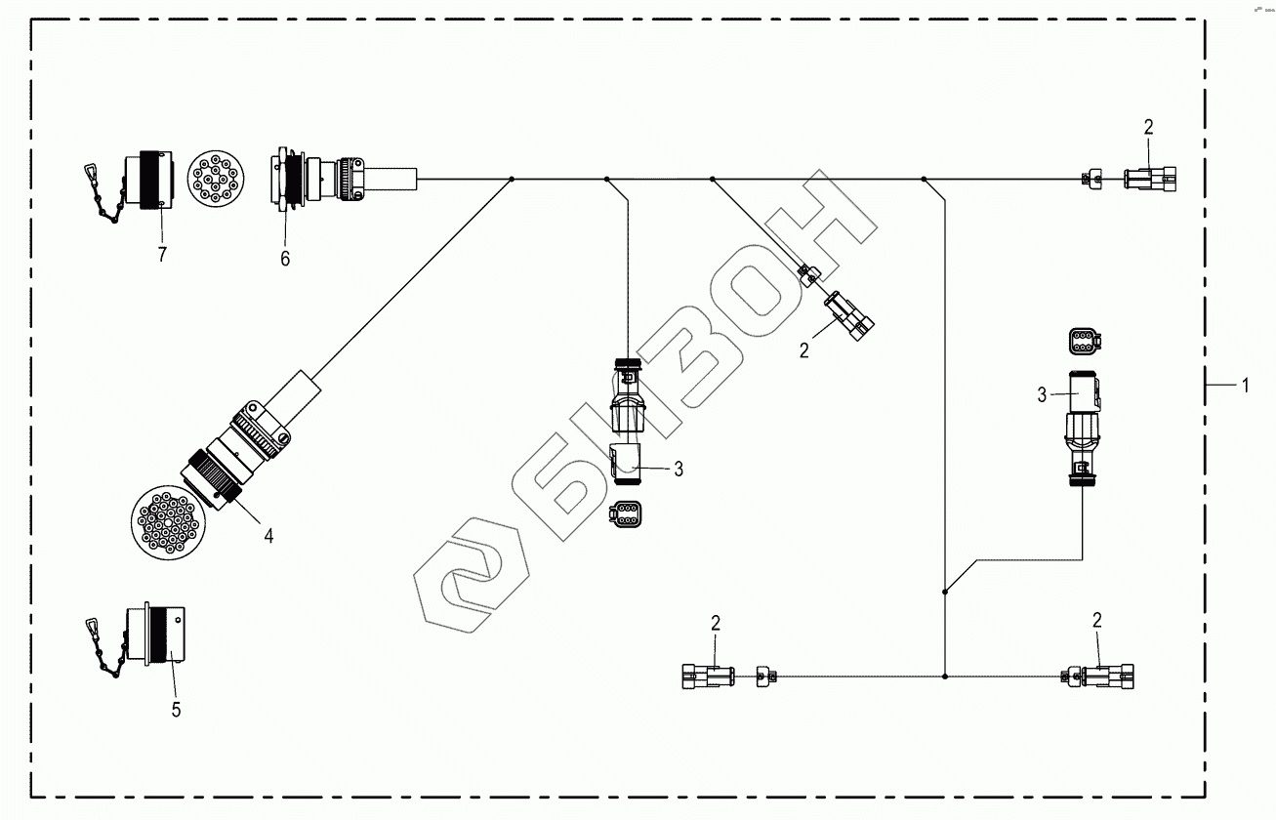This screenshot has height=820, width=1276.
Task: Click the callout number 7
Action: pos(162,255)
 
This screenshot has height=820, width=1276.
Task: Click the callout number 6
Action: pos(285,259)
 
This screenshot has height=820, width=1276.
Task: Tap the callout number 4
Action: pos(268,536)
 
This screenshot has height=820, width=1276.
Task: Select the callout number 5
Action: pos(176,710)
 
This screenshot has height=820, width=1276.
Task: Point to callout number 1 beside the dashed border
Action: pos(1245,387)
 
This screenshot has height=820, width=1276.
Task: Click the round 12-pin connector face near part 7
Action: pos(216,179)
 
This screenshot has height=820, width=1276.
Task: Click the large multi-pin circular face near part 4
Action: pos(168,523)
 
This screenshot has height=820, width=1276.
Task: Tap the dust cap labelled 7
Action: pos(148,178)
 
